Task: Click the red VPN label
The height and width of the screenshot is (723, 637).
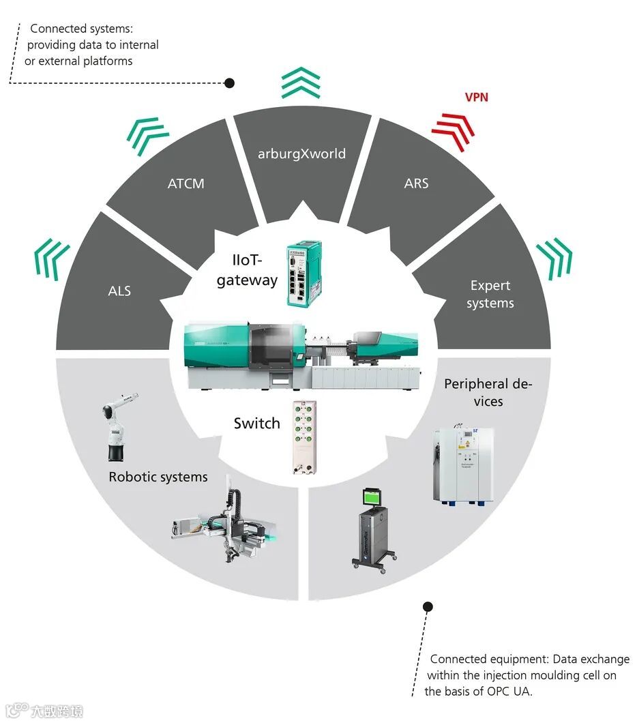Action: tap(476, 97)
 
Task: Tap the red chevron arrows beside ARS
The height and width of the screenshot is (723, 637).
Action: tap(453, 129)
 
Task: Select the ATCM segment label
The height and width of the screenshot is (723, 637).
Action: tap(186, 183)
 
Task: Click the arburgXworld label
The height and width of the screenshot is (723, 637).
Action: tap(301, 153)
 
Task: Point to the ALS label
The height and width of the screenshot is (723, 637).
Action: tap(119, 291)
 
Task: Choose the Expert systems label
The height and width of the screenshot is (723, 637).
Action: tap(490, 294)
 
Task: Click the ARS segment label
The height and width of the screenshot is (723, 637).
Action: tap(416, 183)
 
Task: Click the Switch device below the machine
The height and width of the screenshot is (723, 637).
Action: tap(300, 437)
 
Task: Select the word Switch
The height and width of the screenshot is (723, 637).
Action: tap(256, 424)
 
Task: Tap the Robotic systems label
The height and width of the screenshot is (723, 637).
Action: tap(158, 477)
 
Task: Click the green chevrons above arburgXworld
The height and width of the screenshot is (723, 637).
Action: tap(301, 84)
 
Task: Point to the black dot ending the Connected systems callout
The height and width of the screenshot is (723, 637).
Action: tap(229, 83)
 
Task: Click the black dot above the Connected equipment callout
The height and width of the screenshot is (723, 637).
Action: tap(428, 606)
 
